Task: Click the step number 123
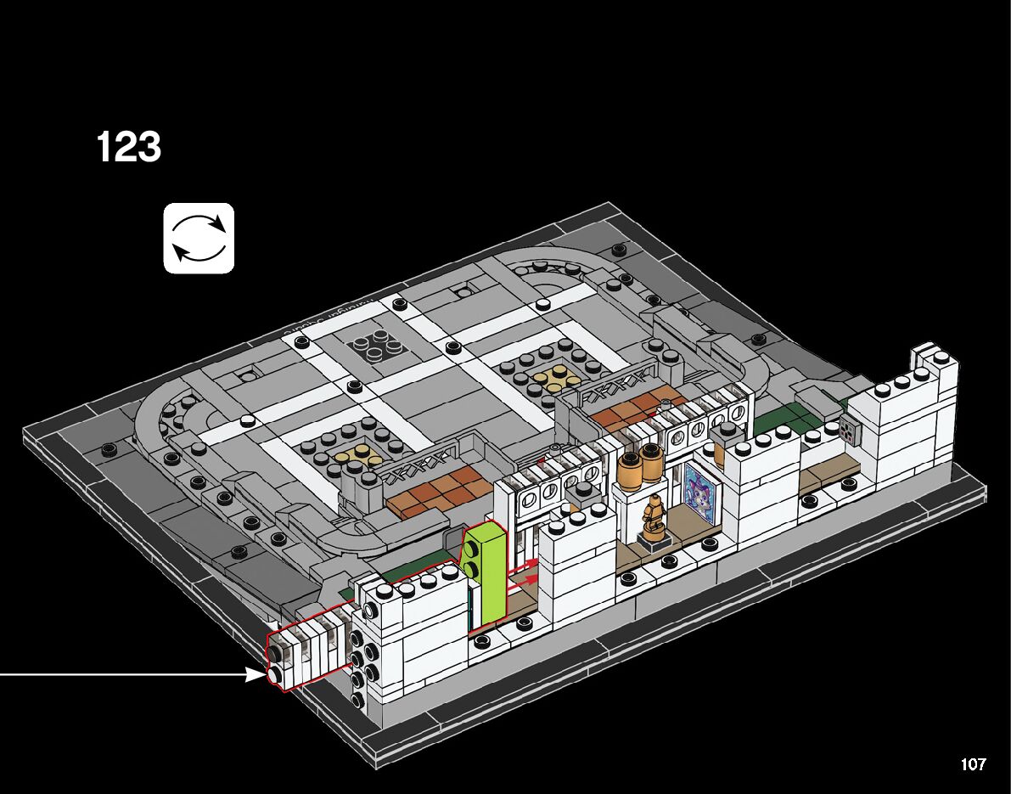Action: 129,148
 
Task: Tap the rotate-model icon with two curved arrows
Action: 199,238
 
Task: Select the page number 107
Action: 973,764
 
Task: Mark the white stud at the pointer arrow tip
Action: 275,676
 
